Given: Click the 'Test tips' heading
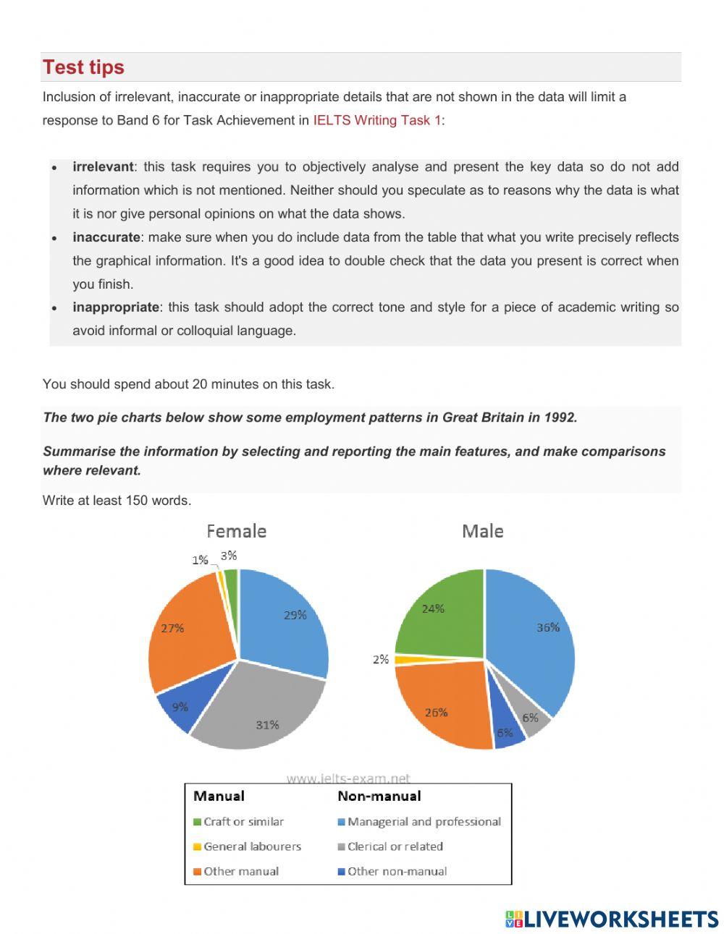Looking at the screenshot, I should (83, 67).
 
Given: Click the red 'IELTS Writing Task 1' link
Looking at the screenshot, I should (376, 120).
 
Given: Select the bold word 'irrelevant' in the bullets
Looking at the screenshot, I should (103, 166).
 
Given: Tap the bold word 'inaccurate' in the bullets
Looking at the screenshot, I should (106, 237).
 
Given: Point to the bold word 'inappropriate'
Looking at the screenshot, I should (115, 307).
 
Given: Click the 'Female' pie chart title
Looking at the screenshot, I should (236, 531).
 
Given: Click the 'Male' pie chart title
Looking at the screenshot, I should (482, 531).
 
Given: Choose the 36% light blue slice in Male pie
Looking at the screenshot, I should (532, 637).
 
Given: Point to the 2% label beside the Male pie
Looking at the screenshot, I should (381, 659).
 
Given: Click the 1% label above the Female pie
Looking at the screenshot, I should (200, 560).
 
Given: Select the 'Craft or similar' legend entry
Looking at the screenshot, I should (243, 822).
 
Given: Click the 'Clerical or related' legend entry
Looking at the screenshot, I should (395, 846).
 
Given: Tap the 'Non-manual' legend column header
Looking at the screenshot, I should (379, 796).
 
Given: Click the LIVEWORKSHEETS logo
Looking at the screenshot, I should (612, 919).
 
